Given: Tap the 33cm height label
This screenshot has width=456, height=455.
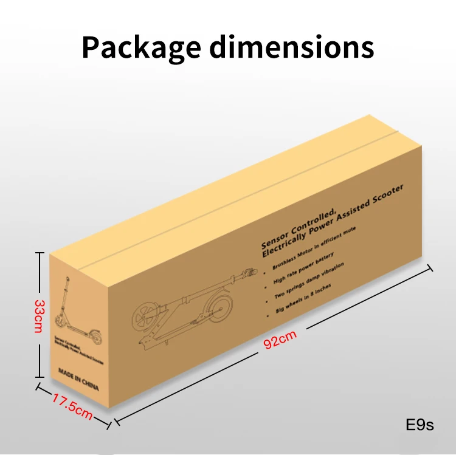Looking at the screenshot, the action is pos(38,315).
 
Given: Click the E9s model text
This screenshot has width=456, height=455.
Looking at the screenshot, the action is pos(420,425).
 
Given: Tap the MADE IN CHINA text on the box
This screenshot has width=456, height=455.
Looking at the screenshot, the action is pos(78,378).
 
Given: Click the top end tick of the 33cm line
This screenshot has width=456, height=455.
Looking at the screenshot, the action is pos(39,254).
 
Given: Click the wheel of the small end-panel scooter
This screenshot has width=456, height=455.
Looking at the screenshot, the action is pos(60,321).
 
